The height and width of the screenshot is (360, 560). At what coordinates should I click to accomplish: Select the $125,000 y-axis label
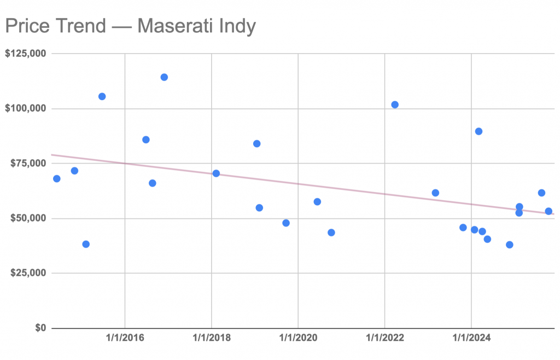(x=25, y=54)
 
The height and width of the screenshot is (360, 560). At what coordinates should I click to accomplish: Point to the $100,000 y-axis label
(x=25, y=108)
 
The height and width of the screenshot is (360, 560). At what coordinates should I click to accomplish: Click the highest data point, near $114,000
(x=164, y=77)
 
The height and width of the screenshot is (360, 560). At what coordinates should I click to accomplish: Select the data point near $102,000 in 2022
(x=395, y=104)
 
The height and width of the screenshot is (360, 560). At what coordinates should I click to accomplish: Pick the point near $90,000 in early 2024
(x=479, y=131)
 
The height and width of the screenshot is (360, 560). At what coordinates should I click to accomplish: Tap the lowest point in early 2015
(x=86, y=244)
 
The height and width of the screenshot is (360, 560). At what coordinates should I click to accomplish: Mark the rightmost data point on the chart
(x=549, y=211)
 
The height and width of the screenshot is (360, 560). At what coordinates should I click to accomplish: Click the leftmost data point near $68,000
(x=56, y=178)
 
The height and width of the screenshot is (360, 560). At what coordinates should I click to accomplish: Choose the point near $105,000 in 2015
(x=102, y=96)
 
